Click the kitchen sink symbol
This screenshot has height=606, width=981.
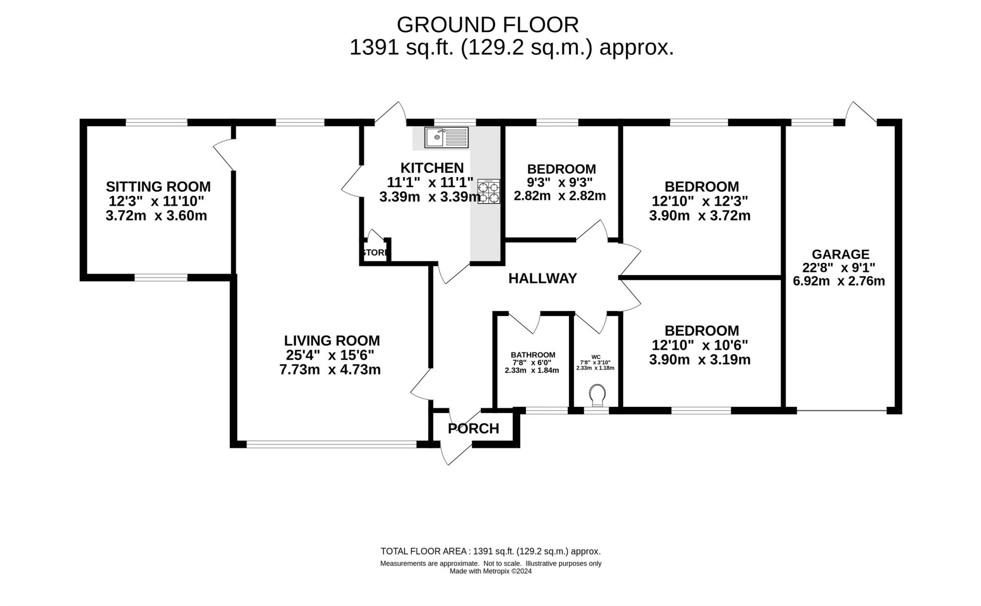point(446,138)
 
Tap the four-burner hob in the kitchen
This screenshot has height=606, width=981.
point(489,191)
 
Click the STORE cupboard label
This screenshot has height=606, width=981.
point(375,252)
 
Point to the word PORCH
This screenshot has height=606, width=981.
point(473,428)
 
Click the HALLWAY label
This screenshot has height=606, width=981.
point(542,278)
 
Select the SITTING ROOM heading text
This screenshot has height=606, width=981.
point(158,186)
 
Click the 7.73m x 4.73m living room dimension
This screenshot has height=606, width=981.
point(330,370)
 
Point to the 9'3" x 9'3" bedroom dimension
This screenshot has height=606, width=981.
point(559,182)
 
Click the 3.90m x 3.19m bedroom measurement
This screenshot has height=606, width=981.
point(699,359)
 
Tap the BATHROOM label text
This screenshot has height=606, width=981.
point(533,355)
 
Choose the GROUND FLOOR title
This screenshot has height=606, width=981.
point(487,24)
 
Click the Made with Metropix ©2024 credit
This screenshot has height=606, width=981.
point(490,571)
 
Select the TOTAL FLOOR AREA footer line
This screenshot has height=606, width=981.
point(490,551)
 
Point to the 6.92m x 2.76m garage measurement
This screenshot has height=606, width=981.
point(839,281)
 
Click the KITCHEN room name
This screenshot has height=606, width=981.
point(432,168)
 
